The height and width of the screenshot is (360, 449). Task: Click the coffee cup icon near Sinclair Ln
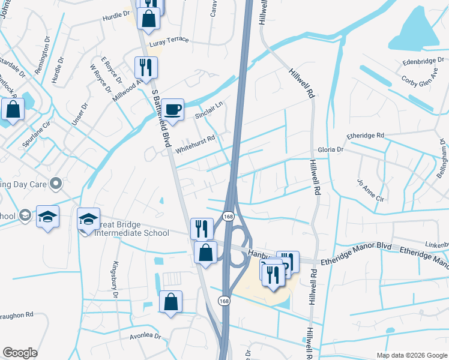point(172,109)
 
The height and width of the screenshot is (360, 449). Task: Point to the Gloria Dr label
point(330,149)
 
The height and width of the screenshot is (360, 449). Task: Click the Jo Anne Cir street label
point(370,190)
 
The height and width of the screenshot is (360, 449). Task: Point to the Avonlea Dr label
point(146,337)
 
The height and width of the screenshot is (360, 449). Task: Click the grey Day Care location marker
point(56,183)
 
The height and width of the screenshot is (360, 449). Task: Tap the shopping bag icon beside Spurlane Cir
point(13,110)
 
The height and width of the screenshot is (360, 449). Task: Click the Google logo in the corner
point(20,353)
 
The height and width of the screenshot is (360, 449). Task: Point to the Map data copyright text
point(411,355)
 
